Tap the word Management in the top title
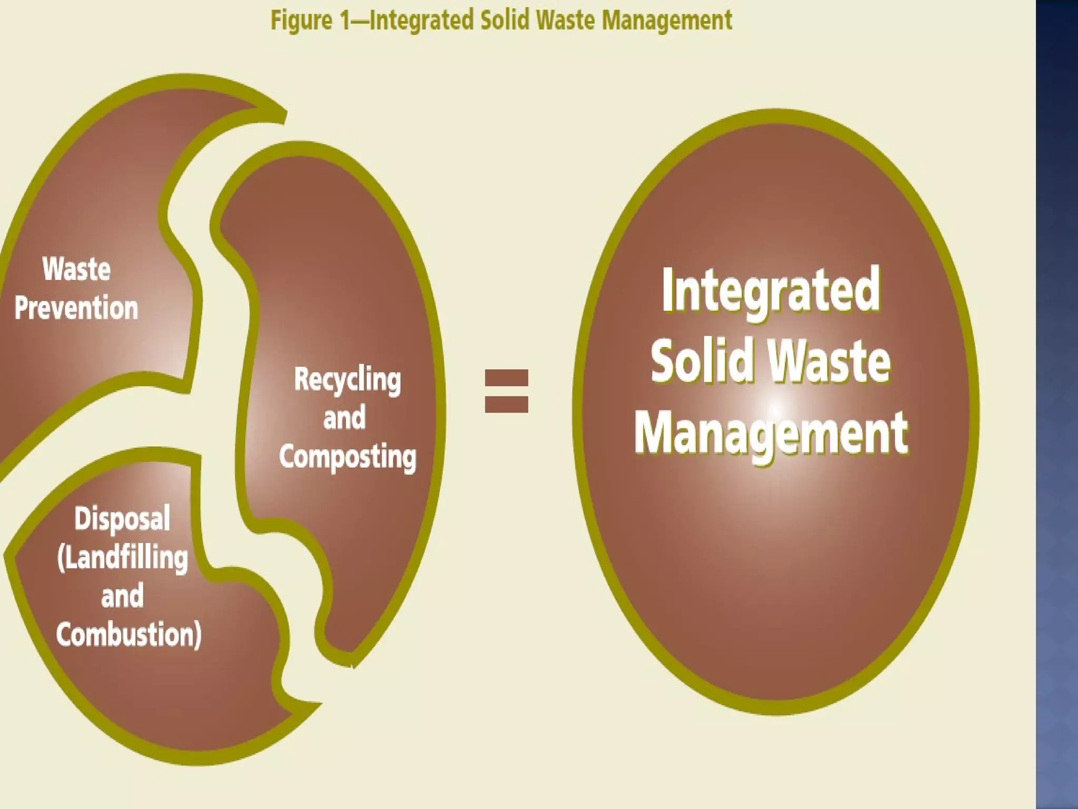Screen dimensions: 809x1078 (666, 21)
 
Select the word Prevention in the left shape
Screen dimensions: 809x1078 (76, 308)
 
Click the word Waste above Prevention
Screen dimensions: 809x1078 (76, 269)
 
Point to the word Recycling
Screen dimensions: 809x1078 (347, 379)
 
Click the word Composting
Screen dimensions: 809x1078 (347, 457)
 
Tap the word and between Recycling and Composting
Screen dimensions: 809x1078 (344, 418)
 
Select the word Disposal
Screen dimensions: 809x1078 (122, 518)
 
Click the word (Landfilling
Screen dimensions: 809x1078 (123, 558)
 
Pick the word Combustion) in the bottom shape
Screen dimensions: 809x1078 (129, 634)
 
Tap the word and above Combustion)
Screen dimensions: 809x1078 (122, 596)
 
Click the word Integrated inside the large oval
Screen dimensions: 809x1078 (770, 291)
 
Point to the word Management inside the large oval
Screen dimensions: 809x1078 (771, 433)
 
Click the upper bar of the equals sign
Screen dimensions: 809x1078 (506, 378)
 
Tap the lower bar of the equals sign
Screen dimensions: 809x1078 (506, 404)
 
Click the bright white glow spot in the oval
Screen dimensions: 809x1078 (775, 408)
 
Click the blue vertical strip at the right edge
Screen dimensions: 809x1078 (1057, 404)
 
